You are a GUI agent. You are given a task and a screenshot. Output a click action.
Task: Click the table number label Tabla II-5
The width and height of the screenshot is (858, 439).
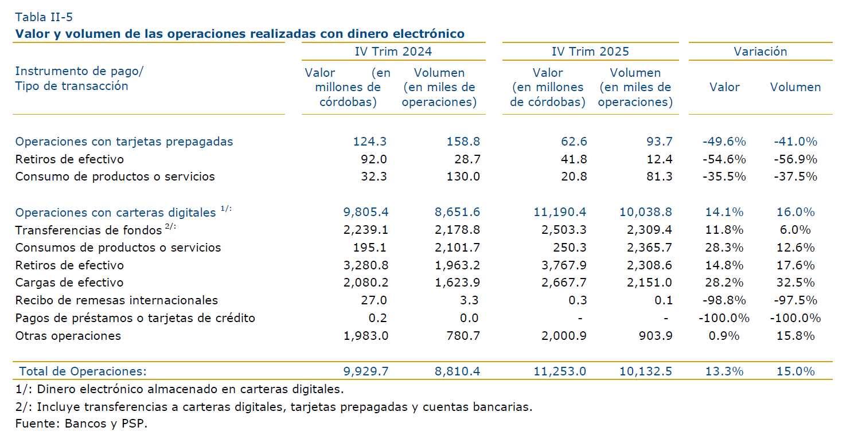(44, 16)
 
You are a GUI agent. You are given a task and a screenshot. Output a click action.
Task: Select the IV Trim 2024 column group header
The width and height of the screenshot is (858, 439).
(393, 52)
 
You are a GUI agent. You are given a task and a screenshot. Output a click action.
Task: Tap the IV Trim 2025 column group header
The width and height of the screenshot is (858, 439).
(590, 52)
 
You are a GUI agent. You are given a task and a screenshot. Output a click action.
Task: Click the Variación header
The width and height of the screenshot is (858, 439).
(760, 52)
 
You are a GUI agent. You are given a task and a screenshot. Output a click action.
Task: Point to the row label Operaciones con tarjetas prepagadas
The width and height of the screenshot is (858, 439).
(124, 142)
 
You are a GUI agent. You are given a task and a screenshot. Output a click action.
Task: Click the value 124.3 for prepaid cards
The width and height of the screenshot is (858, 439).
(372, 142)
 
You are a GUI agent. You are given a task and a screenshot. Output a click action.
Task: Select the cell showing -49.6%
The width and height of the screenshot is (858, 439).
(724, 142)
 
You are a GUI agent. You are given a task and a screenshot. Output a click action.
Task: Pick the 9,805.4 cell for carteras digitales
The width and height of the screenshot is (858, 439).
(365, 212)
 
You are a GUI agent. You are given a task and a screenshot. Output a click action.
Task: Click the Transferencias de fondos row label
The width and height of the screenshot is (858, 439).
(88, 230)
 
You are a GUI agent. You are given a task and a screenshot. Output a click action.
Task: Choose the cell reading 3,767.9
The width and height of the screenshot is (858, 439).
(563, 265)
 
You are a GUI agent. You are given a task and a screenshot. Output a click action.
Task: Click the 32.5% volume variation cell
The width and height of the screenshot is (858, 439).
(795, 283)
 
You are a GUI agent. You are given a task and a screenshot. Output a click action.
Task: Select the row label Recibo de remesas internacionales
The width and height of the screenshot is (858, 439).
(116, 300)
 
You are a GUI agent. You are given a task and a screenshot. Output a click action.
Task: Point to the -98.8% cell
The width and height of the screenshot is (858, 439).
(724, 300)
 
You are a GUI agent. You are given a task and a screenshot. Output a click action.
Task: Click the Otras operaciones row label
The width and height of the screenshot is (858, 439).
(68, 336)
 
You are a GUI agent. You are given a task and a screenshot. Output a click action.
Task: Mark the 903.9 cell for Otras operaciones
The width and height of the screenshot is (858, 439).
(656, 336)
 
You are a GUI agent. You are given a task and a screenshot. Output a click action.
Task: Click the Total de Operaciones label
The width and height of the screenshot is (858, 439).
(83, 371)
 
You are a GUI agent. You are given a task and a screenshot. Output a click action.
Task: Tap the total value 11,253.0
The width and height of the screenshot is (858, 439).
(560, 371)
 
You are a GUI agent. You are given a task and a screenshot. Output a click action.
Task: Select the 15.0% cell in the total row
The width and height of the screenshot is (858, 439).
(795, 371)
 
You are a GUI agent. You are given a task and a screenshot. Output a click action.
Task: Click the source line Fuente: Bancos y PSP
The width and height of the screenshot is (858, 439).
(77, 425)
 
